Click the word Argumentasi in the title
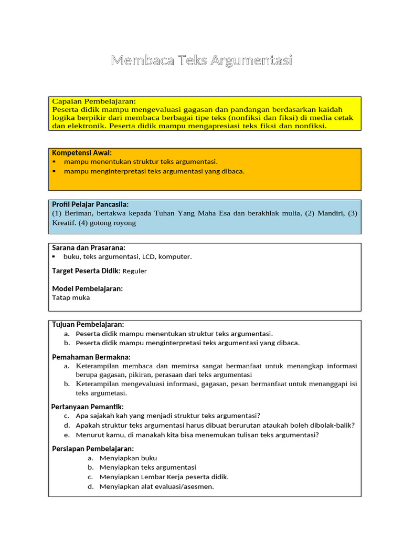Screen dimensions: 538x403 [x=251, y=61]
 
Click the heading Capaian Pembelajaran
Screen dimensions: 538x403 [x=94, y=101]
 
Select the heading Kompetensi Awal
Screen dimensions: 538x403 [x=81, y=152]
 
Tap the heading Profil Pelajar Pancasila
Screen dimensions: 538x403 [x=90, y=204]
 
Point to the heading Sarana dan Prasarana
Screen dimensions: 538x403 [x=88, y=247]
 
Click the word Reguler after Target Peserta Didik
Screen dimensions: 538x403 [x=135, y=271]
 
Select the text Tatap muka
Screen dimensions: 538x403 [x=71, y=297]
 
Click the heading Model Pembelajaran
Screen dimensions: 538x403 [x=87, y=288]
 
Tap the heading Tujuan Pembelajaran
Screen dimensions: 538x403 [x=88, y=324]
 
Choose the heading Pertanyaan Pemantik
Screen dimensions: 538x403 [x=87, y=407]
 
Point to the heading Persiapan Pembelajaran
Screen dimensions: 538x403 [x=93, y=448]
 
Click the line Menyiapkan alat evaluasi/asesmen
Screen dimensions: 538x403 [x=156, y=486]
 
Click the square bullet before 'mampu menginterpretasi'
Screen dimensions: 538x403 [x=54, y=171]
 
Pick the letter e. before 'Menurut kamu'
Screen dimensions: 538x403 [x=67, y=434]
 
